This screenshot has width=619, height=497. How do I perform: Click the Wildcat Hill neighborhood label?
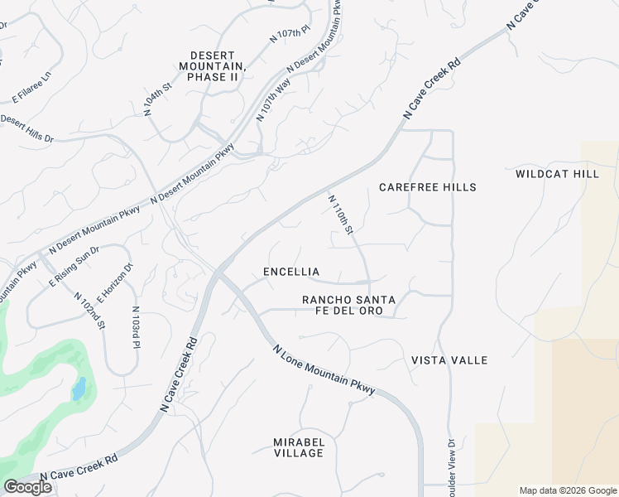(556, 174)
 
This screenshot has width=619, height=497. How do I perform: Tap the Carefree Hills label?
(428, 187)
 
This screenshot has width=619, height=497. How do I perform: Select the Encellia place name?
(290, 272)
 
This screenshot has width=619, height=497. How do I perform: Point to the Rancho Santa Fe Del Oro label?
(348, 304)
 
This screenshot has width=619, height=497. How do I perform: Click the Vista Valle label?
(449, 360)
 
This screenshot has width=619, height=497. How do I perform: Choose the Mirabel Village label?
(299, 447)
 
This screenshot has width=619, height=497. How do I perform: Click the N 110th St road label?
(341, 215)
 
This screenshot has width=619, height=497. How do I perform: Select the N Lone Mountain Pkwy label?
(324, 369)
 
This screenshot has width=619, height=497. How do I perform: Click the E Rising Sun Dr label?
(74, 266)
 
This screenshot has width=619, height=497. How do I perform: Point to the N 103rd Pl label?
(137, 327)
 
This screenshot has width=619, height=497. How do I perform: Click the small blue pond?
(79, 388)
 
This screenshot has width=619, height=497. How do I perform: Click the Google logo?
(27, 487)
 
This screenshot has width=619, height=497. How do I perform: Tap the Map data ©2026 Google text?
(567, 490)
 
